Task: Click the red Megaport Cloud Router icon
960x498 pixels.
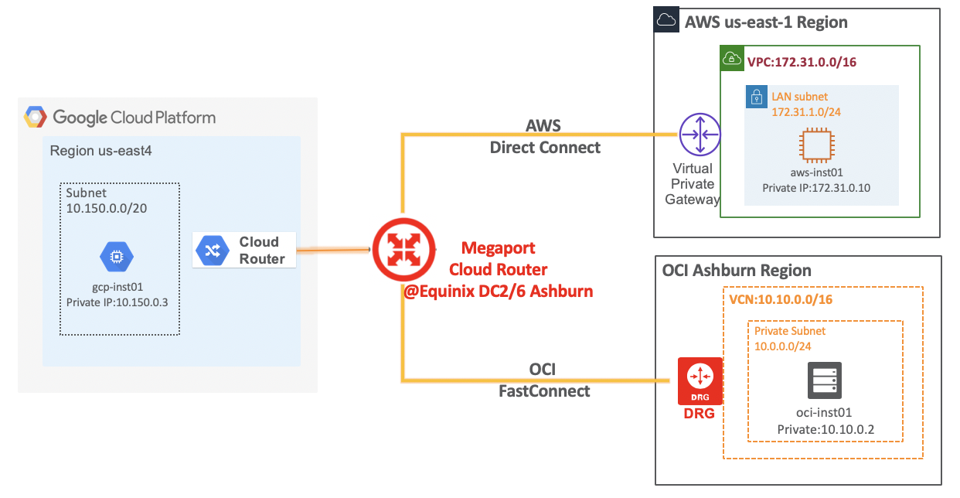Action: pos(402,249)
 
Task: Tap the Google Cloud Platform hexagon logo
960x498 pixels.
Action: pos(35,118)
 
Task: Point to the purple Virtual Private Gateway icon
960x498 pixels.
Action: pos(700,134)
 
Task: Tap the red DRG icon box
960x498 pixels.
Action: pos(700,380)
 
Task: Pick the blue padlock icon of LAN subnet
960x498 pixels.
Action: pos(756,97)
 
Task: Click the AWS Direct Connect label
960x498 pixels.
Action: pos(544,137)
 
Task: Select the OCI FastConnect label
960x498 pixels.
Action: pos(544,380)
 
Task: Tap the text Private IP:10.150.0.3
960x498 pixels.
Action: pos(117,302)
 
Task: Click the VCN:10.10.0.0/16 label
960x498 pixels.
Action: pos(781,298)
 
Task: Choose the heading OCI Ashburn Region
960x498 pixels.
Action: pos(737,271)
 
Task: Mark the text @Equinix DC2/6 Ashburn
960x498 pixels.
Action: pos(498,292)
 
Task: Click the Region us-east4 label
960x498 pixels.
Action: pos(100,151)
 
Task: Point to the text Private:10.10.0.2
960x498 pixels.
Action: pos(823,428)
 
